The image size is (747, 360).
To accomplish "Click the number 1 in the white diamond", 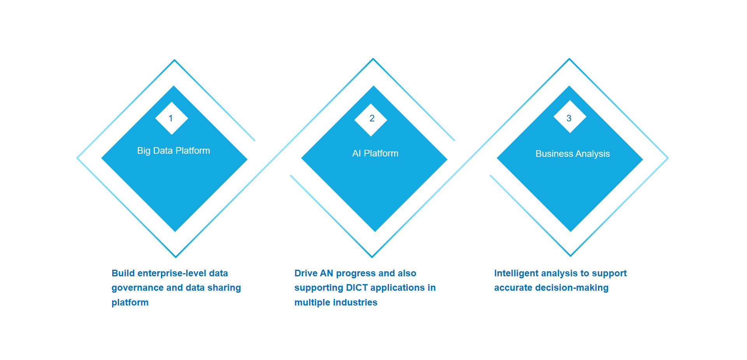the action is (x=171, y=118).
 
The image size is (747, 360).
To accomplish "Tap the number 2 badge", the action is (x=371, y=119).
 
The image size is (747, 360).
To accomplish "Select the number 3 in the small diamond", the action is (x=569, y=118).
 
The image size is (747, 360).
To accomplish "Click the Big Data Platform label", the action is (x=174, y=151).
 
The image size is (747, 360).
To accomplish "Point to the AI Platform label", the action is (x=375, y=153).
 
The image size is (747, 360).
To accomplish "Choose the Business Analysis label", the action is (x=573, y=154).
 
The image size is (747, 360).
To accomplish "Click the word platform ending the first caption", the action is (x=130, y=303).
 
